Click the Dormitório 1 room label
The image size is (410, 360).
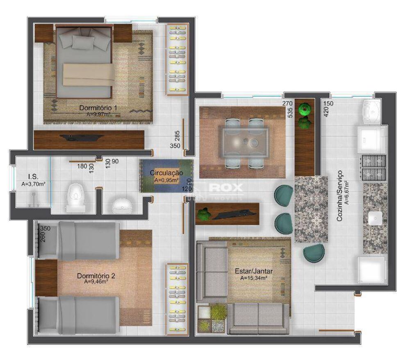[x=98, y=108]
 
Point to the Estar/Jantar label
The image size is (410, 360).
[x=254, y=271]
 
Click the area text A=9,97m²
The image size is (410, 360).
[x=98, y=115]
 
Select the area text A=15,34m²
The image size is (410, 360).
[x=254, y=278]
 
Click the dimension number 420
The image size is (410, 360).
[x=326, y=112]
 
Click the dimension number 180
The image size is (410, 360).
[x=83, y=166]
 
